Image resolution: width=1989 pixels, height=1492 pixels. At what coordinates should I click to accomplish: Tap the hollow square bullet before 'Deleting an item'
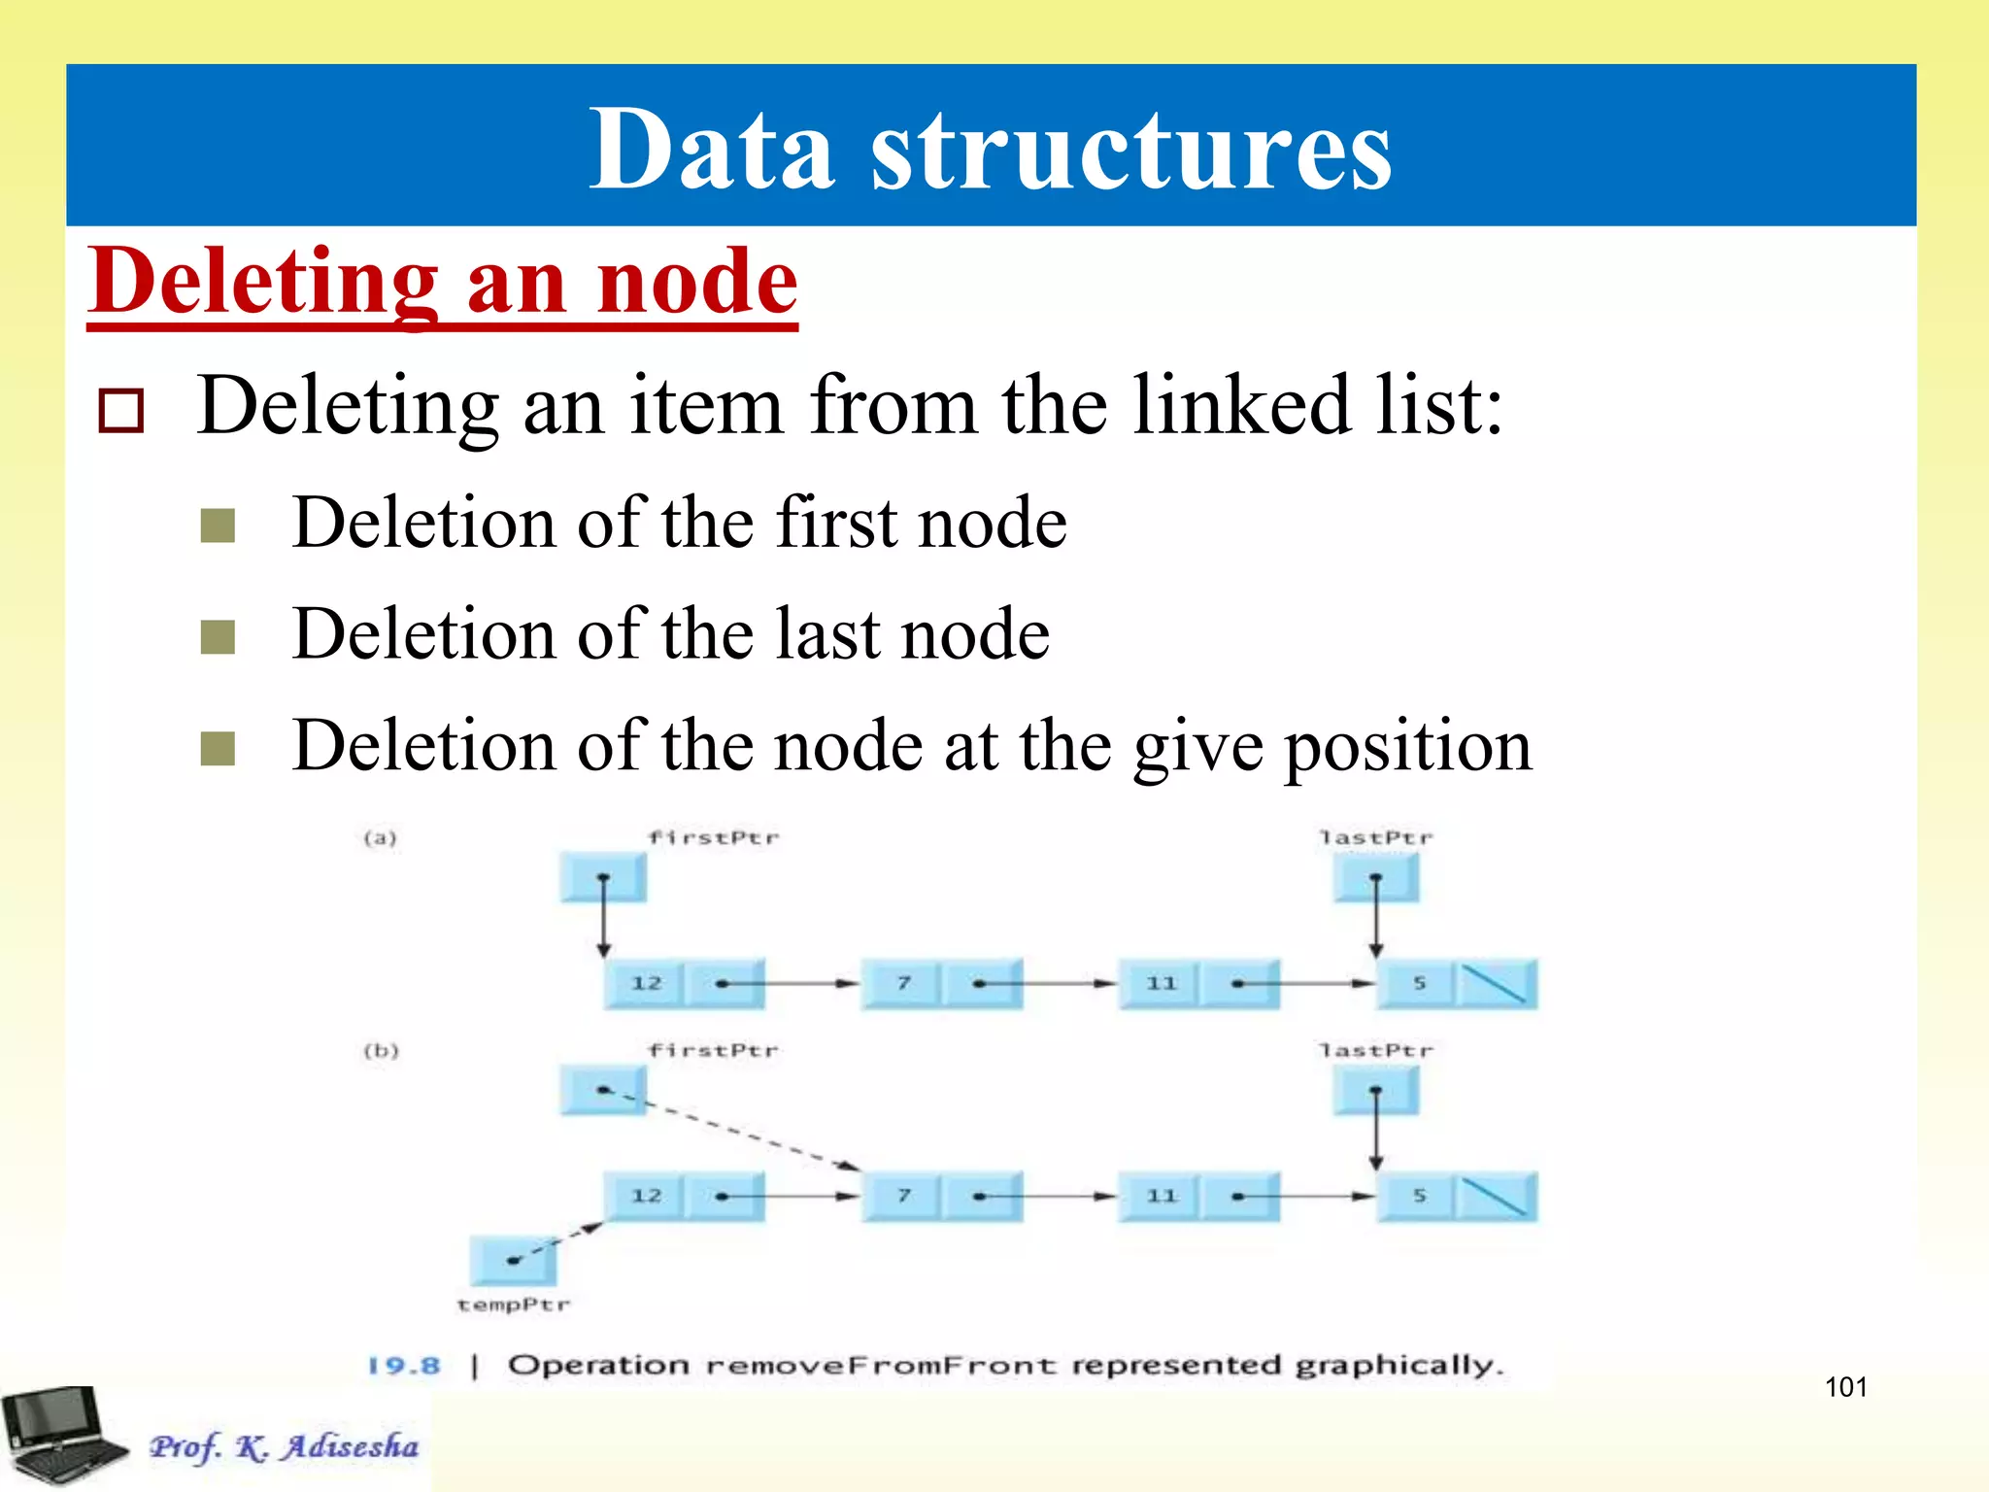[121, 410]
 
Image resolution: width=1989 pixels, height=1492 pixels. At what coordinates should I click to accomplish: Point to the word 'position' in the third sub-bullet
[1408, 746]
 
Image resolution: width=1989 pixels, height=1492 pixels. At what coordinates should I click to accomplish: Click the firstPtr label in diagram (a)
[713, 837]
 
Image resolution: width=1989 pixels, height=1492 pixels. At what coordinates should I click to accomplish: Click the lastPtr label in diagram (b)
[1375, 1050]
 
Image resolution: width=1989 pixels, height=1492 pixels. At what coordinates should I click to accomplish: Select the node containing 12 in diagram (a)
[685, 983]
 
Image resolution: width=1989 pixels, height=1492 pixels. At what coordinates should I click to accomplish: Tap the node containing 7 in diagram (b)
[942, 1196]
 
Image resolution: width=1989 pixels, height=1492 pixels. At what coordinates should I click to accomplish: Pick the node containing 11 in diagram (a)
[1198, 983]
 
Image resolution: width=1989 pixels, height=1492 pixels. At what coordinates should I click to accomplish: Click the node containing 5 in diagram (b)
[1457, 1196]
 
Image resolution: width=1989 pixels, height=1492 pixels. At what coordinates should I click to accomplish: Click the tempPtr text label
[513, 1305]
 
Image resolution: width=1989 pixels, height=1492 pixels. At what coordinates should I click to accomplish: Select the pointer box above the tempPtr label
[513, 1260]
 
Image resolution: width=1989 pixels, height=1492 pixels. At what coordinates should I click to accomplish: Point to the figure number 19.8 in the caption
[404, 1366]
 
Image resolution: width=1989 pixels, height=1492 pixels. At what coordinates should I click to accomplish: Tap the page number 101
[1845, 1387]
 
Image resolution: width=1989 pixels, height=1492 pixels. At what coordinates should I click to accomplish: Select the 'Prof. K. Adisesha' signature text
[284, 1447]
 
